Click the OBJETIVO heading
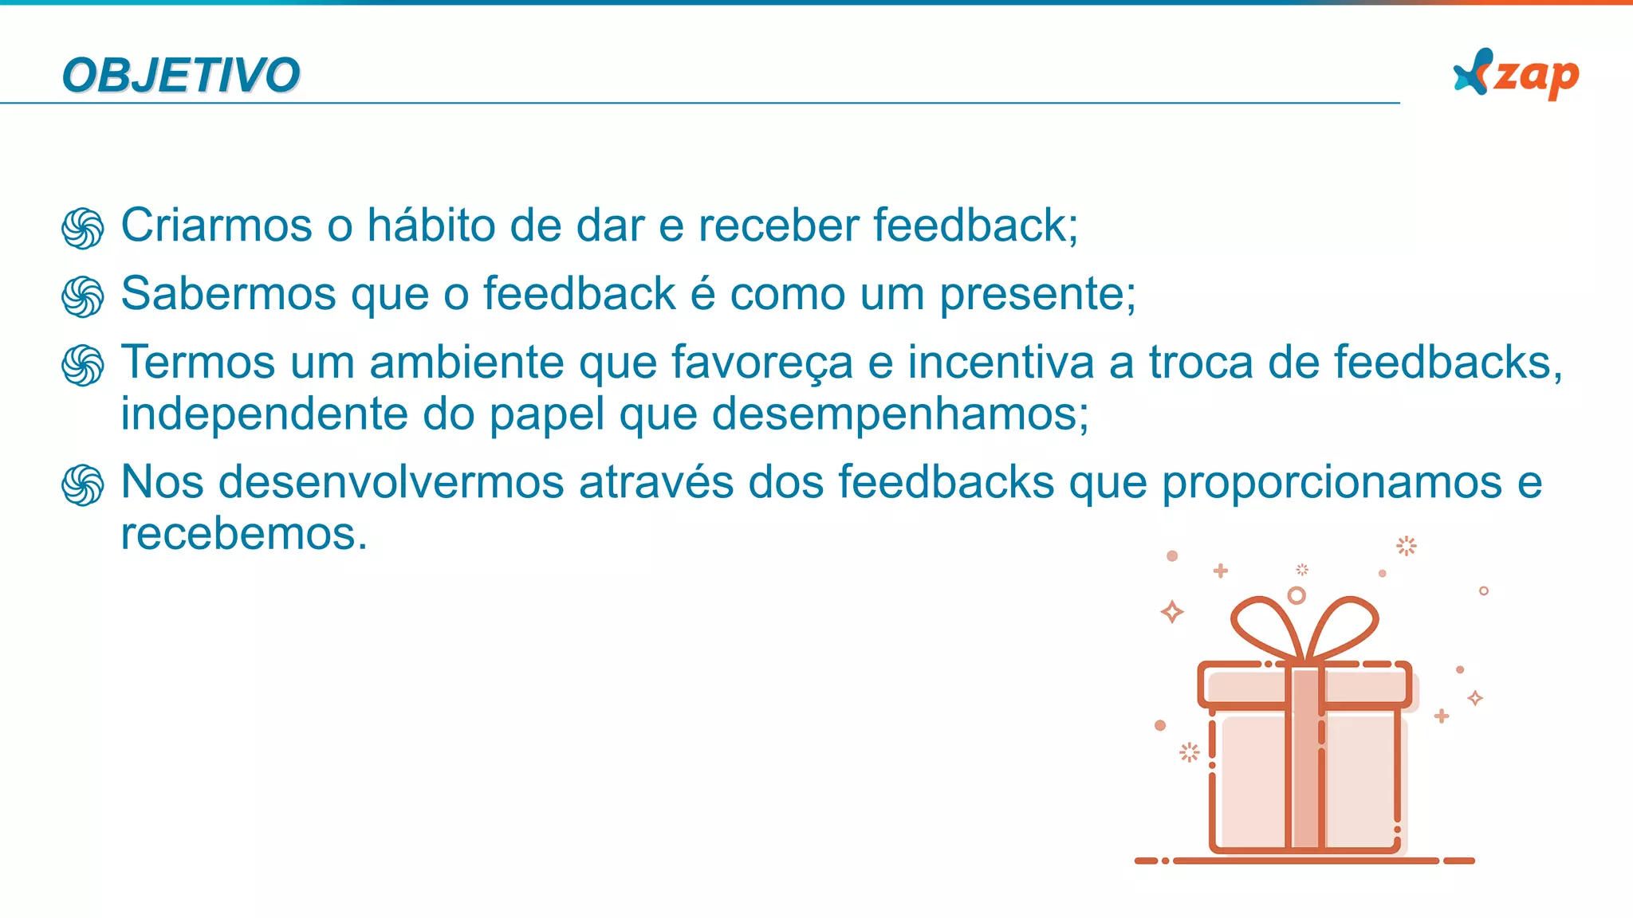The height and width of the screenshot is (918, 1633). tap(181, 76)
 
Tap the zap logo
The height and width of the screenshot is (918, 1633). tap(1516, 75)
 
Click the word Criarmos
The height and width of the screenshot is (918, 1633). tap(216, 226)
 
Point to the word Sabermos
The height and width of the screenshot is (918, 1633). tap(228, 294)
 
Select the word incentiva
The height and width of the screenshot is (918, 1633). tap(1001, 363)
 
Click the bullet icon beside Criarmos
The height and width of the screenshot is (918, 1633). tap(83, 229)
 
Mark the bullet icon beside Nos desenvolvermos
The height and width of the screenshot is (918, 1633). tap(83, 485)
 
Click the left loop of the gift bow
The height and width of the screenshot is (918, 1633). tap(1266, 626)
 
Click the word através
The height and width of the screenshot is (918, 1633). tap(656, 483)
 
